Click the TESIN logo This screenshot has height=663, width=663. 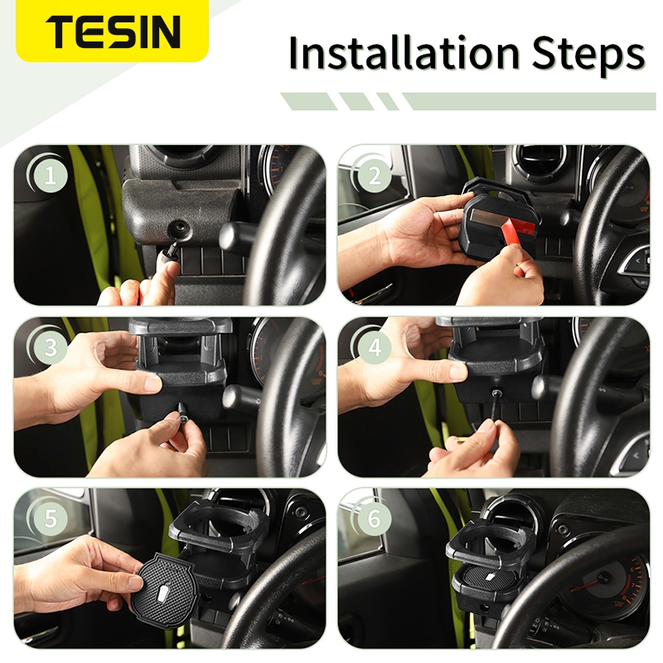point(113,31)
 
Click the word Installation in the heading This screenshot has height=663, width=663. point(404,53)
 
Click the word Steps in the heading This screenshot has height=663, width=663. point(588,56)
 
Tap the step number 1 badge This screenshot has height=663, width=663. point(50,175)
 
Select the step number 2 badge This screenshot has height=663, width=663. point(375,175)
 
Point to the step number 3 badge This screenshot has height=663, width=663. point(50,347)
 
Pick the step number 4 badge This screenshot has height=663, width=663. point(375,347)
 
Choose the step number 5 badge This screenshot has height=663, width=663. point(50,519)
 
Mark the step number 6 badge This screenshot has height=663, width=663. point(375,519)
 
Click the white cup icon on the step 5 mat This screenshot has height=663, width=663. point(162,591)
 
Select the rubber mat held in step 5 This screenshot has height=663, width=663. point(162,589)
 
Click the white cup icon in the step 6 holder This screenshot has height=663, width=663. point(490,576)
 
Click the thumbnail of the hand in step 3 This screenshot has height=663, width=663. point(152,385)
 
